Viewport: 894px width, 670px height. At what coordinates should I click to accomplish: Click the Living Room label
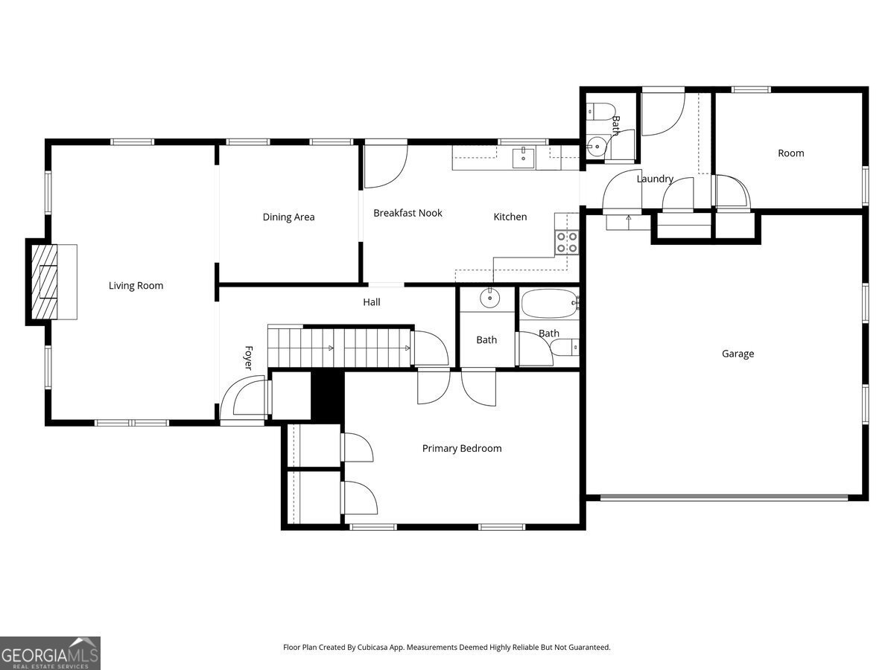[136, 286]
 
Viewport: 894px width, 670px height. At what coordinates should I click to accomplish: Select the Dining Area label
[288, 217]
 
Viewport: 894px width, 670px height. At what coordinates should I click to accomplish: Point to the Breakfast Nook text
[408, 213]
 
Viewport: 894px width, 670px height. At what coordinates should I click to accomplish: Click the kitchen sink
[523, 158]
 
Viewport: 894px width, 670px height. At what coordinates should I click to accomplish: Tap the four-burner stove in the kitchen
[566, 242]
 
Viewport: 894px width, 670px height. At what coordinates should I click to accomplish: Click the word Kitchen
[510, 217]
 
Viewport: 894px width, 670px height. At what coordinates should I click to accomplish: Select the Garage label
[738, 354]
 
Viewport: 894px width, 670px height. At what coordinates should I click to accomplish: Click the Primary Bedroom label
[462, 448]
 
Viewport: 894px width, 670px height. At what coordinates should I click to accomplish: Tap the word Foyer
[248, 357]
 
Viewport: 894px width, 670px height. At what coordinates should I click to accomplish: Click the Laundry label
[655, 179]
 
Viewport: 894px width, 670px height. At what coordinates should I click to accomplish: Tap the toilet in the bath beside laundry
[600, 111]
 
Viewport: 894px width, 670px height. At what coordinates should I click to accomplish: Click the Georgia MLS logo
[50, 653]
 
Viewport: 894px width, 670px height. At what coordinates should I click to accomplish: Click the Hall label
[372, 302]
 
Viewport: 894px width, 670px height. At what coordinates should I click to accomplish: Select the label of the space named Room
[790, 153]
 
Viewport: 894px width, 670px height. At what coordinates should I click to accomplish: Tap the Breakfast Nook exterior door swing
[384, 167]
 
